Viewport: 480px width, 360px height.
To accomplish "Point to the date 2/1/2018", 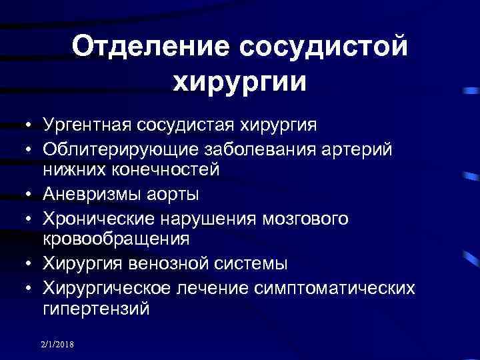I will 59,344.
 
